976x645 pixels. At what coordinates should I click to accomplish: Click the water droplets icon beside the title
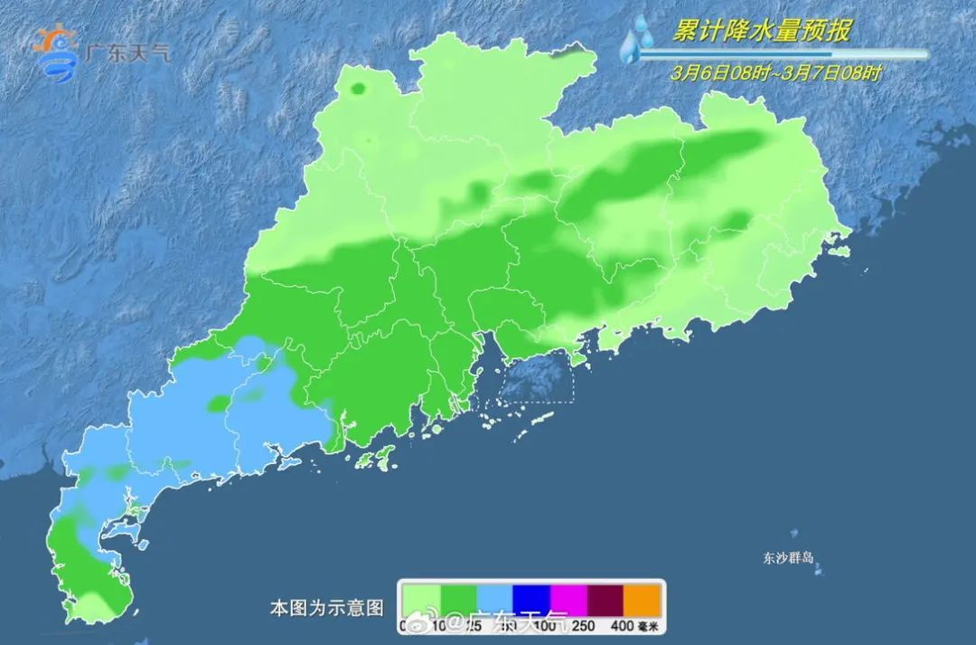point(637,41)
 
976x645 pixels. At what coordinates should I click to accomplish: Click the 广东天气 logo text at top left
point(126,52)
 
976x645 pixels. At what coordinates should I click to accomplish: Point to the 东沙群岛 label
point(788,558)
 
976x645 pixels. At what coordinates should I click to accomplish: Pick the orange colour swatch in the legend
point(643,600)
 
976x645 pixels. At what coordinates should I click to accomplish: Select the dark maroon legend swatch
point(605,600)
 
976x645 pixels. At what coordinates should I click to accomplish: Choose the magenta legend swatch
point(568,600)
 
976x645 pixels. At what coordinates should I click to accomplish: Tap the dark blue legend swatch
point(531,600)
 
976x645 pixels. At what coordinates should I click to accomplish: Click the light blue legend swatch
point(494,600)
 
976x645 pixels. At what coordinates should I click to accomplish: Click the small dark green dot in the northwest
point(358,89)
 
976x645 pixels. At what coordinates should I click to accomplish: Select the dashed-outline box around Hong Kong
point(537,378)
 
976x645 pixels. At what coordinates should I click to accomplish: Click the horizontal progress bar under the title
point(782,54)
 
